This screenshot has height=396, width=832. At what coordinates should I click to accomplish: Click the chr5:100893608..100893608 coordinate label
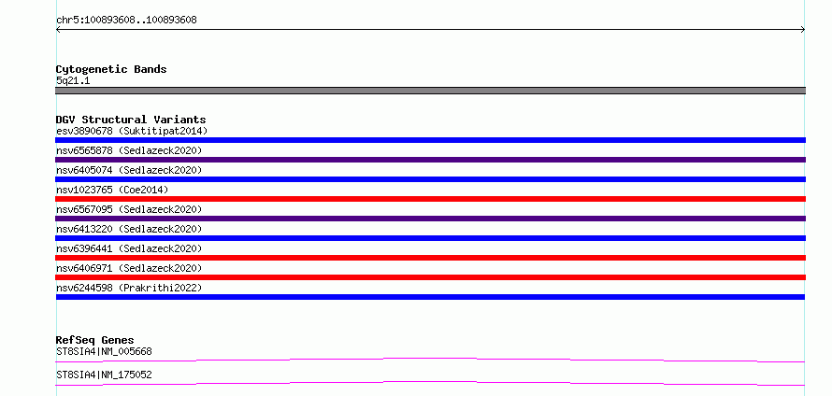(126, 21)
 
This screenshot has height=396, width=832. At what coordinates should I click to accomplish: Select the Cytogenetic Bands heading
(111, 69)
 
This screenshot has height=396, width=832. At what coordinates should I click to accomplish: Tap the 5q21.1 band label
(73, 81)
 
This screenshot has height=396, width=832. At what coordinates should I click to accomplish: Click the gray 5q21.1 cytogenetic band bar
(430, 91)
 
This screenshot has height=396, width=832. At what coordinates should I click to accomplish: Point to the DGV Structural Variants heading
(131, 120)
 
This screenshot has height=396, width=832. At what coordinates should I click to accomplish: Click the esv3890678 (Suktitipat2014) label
(132, 131)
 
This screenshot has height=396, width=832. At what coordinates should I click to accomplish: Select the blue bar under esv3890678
(430, 140)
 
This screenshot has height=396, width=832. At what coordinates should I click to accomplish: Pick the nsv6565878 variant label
(129, 150)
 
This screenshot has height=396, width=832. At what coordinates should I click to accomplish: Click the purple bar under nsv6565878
(430, 160)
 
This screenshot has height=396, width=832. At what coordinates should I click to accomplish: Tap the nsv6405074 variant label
(129, 170)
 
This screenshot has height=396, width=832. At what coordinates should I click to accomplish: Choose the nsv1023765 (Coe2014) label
(112, 190)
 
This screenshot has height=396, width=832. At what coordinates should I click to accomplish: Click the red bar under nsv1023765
(430, 199)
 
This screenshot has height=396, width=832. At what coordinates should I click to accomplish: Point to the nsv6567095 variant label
(129, 209)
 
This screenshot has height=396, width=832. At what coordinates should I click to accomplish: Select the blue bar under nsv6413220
(430, 238)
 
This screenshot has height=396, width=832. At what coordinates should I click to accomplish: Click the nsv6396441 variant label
(129, 248)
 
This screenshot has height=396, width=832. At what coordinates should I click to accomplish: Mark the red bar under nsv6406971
(430, 277)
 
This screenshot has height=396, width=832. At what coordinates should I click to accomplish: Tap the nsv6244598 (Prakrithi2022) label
(129, 288)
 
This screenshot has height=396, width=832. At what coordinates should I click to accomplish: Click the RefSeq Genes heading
(95, 340)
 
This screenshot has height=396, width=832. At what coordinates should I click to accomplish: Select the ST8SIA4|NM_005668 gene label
(104, 351)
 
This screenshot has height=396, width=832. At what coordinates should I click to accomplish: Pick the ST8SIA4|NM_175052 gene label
(104, 375)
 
